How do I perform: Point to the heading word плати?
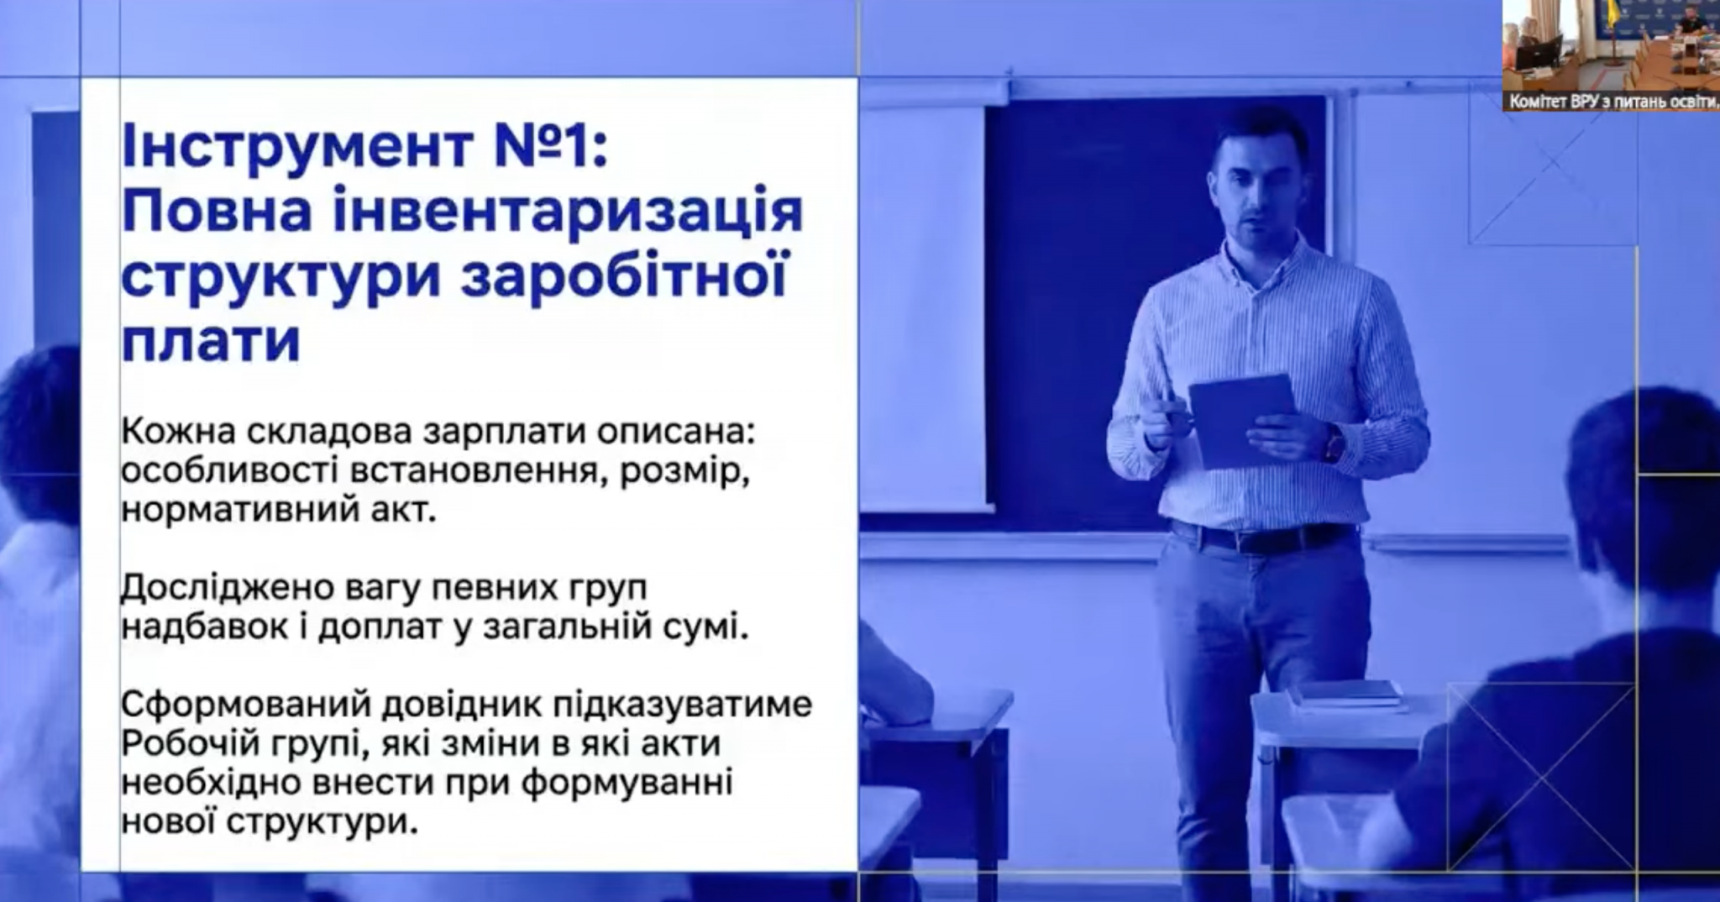click(x=211, y=339)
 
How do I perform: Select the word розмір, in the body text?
click(x=684, y=473)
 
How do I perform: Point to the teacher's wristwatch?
click(x=1333, y=443)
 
